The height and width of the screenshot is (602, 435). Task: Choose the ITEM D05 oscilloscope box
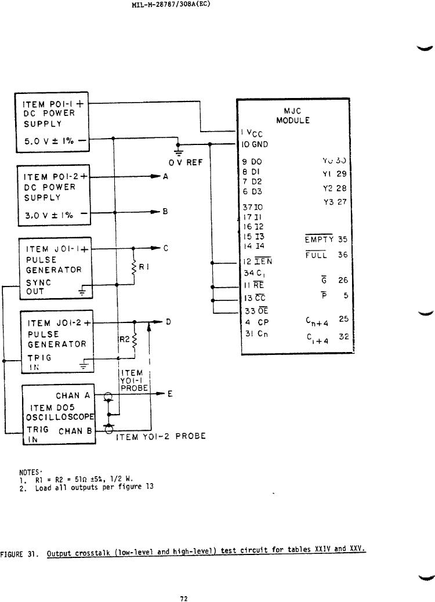pyautogui.click(x=59, y=415)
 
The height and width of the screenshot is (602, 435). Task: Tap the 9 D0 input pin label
pyautogui.click(x=253, y=163)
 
